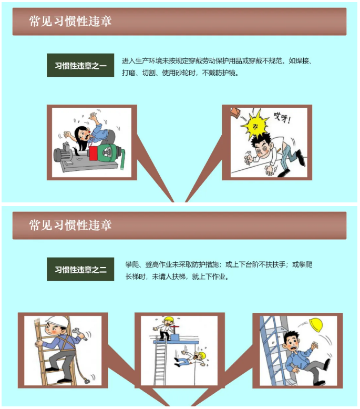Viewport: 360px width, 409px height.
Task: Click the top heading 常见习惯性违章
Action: pos(70,21)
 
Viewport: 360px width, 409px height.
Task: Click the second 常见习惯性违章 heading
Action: pos(70,225)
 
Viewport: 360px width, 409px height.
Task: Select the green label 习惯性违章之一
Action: pos(80,66)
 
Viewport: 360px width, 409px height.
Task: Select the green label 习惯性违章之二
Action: pos(80,270)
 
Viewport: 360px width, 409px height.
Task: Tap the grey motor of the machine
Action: pos(66,154)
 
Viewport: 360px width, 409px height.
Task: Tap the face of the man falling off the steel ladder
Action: pos(290,341)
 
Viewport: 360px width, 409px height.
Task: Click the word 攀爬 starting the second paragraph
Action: pos(131,265)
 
